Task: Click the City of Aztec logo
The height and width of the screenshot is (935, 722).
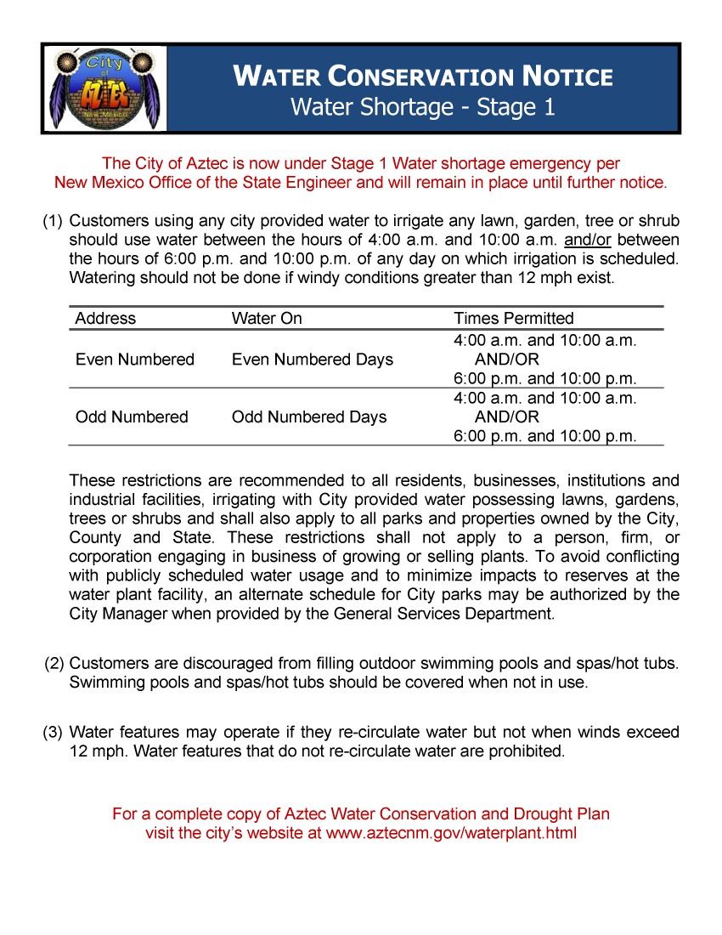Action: click(104, 89)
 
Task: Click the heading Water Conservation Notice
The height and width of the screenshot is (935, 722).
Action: click(422, 76)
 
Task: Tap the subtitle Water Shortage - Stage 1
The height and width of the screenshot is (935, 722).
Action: click(422, 108)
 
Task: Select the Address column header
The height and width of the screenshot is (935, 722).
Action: click(105, 319)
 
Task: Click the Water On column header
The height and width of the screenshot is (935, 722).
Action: click(267, 319)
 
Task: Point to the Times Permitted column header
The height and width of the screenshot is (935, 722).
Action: click(514, 319)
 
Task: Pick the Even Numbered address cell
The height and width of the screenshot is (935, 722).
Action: click(135, 360)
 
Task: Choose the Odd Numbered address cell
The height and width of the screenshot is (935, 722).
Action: click(132, 417)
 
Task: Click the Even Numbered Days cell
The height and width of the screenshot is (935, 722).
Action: click(313, 360)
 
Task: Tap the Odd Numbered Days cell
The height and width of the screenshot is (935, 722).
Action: click(309, 417)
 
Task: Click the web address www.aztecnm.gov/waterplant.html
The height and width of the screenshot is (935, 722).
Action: click(451, 834)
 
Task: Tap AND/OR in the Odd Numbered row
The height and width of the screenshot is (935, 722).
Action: click(506, 417)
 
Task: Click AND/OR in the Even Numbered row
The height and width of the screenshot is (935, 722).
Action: click(506, 360)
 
